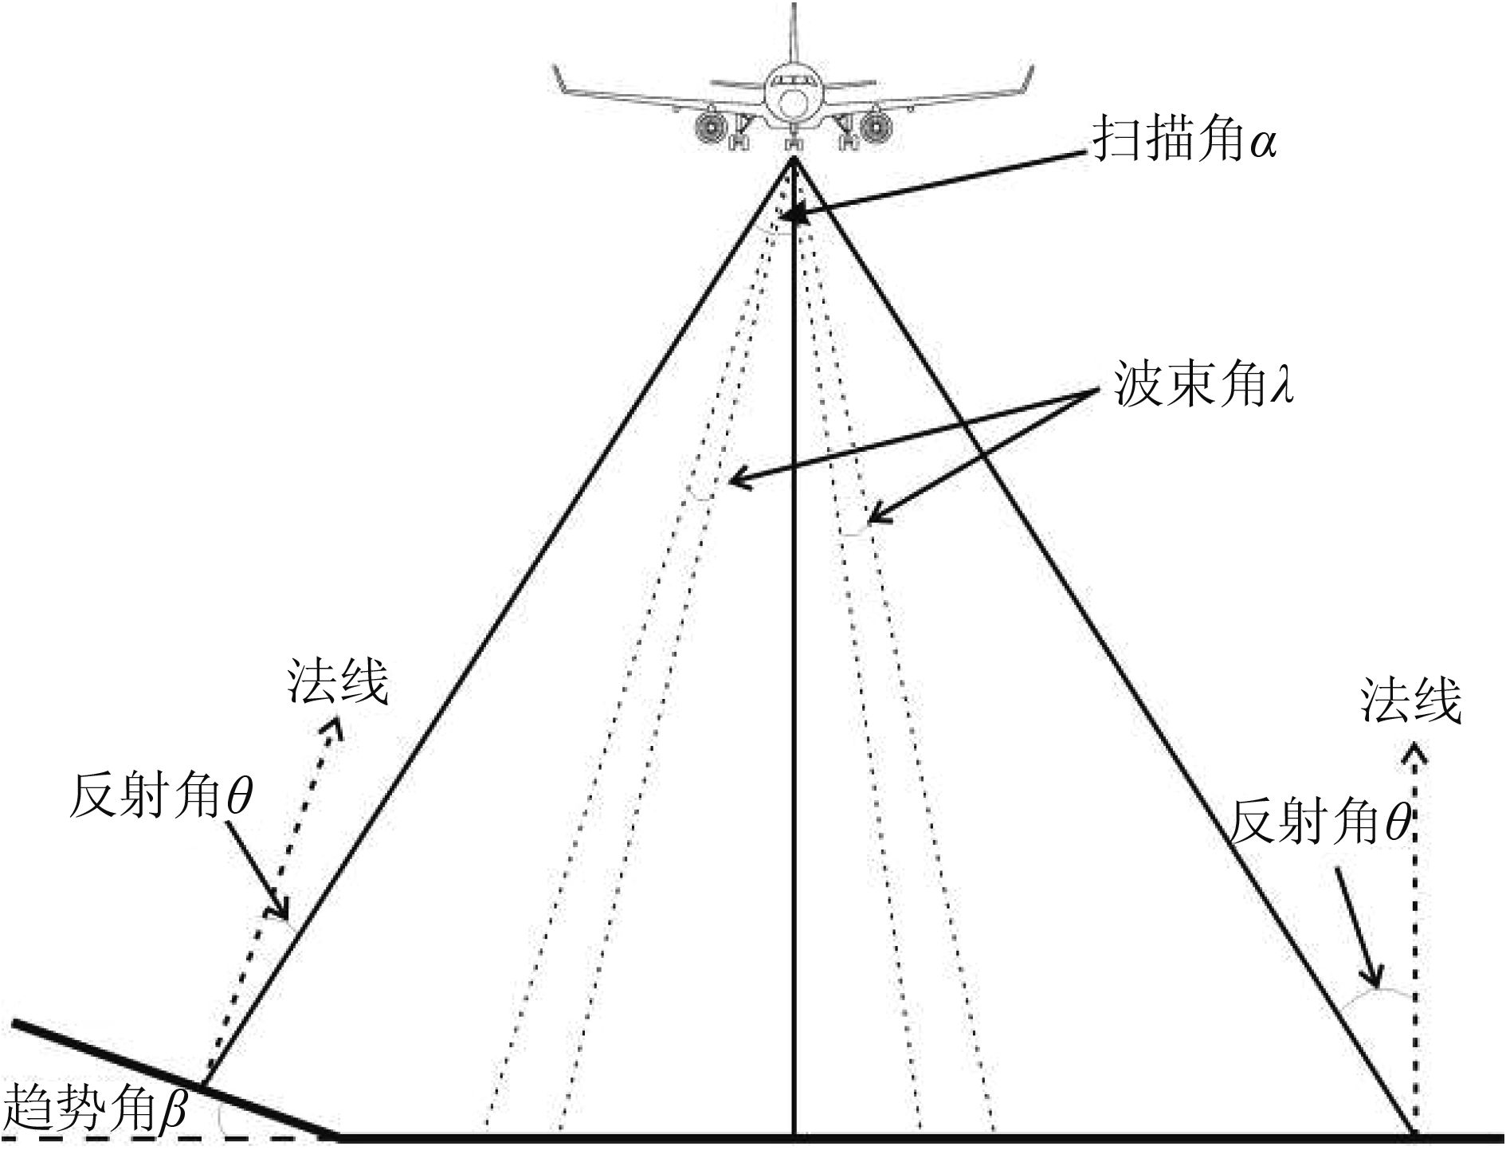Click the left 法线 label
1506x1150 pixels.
click(x=338, y=682)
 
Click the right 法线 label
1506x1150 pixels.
click(x=1411, y=701)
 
